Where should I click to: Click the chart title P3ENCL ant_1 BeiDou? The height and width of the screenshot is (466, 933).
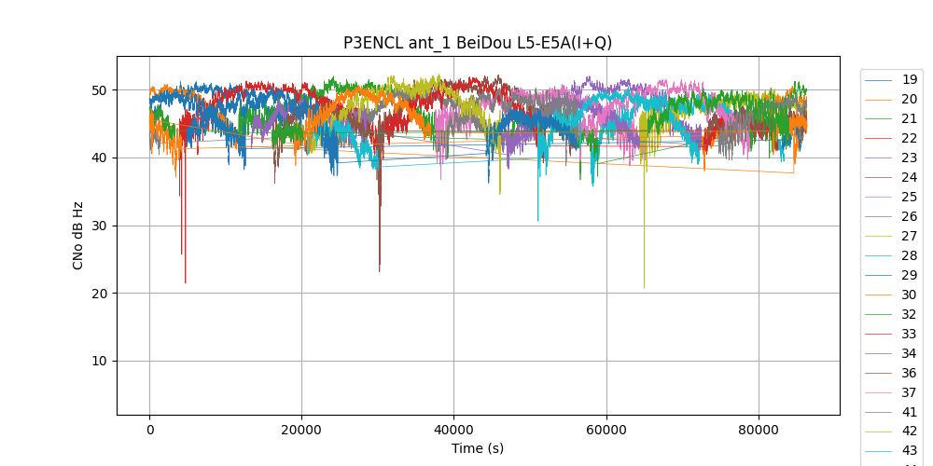[x=478, y=43]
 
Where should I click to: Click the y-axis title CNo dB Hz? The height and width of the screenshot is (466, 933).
[x=78, y=235]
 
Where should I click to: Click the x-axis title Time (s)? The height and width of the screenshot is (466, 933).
[x=478, y=448]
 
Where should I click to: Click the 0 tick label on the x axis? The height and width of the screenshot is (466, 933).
[x=149, y=430]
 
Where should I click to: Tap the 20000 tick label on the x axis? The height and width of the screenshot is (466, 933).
[x=301, y=430]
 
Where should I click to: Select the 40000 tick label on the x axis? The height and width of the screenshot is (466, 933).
[x=453, y=430]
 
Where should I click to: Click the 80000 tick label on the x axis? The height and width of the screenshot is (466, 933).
[x=759, y=430]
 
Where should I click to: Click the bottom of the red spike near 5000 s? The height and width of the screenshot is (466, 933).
[x=186, y=282]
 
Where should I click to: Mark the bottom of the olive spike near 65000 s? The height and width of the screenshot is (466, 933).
[x=644, y=287]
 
